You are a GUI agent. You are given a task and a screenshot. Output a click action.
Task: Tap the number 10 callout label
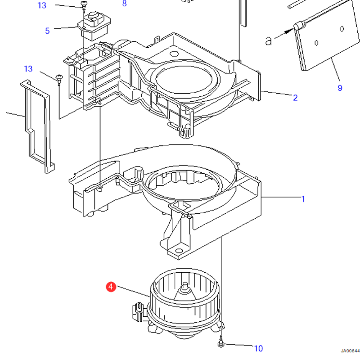tap(258, 348)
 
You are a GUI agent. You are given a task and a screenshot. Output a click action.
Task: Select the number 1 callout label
tap(303, 198)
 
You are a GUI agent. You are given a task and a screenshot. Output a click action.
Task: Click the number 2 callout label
tap(295, 98)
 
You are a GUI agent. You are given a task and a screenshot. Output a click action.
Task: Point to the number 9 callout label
tap(340, 88)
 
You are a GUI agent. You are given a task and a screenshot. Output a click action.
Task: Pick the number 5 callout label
tap(47, 31)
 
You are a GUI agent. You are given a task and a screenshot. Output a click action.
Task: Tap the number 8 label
tap(124, 4)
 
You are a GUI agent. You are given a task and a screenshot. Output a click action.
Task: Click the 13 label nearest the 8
tap(41, 5)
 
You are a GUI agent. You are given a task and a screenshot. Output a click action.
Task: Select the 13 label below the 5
tap(28, 69)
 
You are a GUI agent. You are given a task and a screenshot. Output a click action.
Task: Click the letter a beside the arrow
tap(269, 41)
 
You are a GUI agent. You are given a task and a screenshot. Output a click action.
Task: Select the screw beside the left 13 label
tap(59, 78)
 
